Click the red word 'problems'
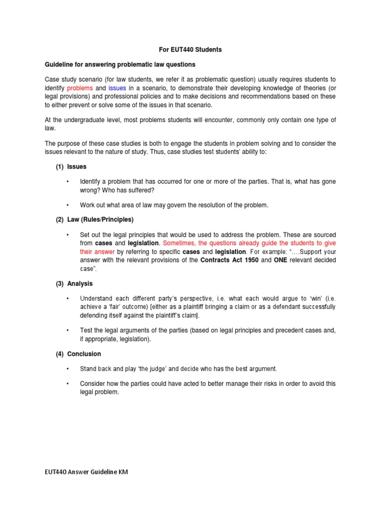click(80, 88)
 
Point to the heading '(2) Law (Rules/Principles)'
click(94, 219)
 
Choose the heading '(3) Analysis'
click(74, 284)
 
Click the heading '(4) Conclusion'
click(78, 354)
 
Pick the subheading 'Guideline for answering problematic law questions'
click(120, 64)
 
